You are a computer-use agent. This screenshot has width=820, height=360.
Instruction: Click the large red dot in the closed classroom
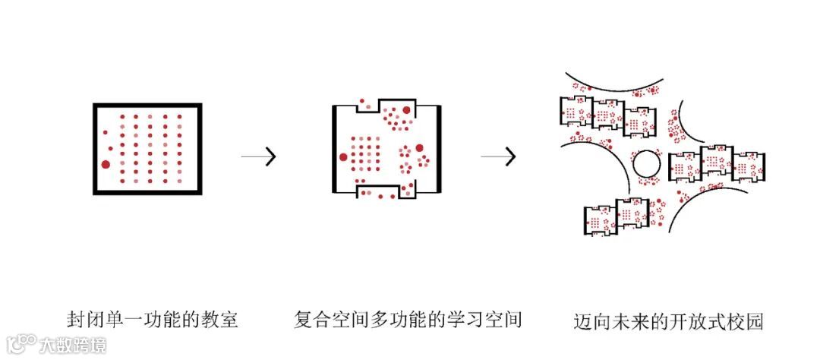tap(106, 164)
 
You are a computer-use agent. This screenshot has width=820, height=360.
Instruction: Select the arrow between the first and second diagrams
tap(259, 156)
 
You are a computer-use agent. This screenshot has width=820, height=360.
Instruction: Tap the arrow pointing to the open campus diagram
tap(499, 156)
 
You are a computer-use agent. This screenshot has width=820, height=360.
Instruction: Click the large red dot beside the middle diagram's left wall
tap(343, 157)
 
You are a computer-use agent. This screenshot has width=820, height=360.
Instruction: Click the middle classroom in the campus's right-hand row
tap(715, 162)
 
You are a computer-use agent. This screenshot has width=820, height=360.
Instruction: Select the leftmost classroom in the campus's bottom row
tap(600, 220)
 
